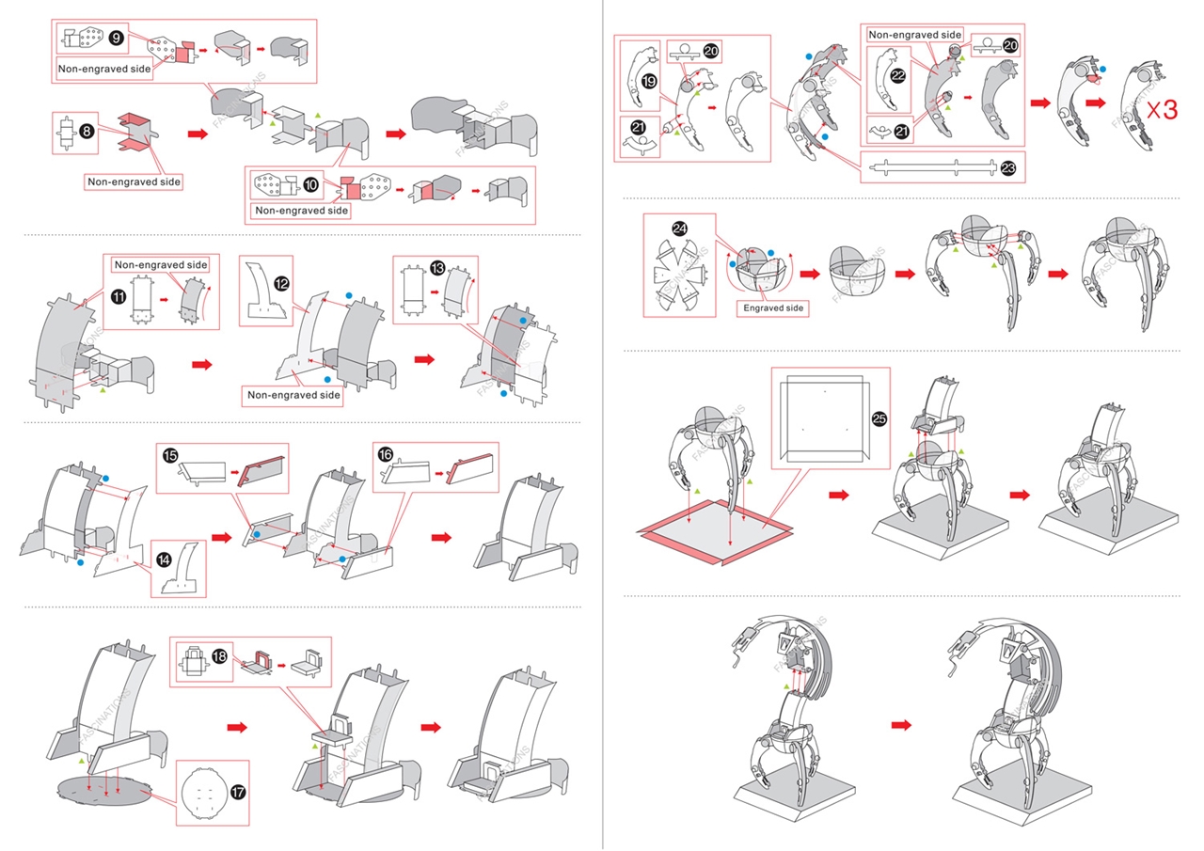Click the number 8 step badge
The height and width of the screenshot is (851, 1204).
[87, 132]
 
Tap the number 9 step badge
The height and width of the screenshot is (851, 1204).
[116, 38]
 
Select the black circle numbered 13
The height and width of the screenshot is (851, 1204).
[437, 268]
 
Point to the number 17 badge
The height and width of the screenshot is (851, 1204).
[238, 793]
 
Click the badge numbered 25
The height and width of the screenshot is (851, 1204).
[879, 418]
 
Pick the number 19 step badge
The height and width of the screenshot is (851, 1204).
[649, 83]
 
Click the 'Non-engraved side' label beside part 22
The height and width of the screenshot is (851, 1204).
[914, 35]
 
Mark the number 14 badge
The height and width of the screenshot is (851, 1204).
[164, 559]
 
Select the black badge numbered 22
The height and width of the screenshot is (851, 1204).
[898, 76]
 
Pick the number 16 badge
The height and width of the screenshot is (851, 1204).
[386, 453]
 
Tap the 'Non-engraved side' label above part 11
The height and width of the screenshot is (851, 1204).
[159, 265]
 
